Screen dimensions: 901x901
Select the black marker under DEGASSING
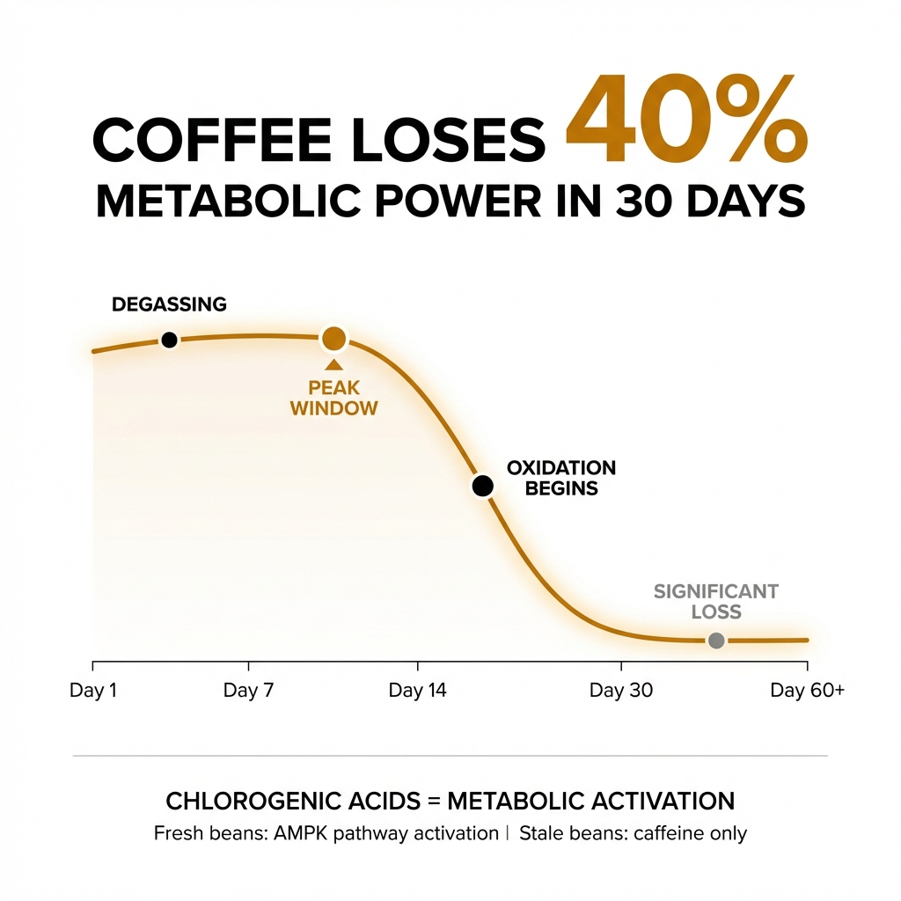pyautogui.click(x=169, y=340)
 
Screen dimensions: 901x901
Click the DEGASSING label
pyautogui.click(x=169, y=305)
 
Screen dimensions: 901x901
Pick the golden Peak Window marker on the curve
pyautogui.click(x=333, y=338)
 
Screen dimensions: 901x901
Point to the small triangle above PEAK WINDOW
pyautogui.click(x=333, y=365)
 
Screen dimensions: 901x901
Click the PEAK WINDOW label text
pyautogui.click(x=333, y=398)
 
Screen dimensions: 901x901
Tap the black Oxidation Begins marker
pyautogui.click(x=481, y=486)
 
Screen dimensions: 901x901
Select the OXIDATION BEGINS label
pyautogui.click(x=561, y=478)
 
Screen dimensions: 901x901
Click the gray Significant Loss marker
pyautogui.click(x=716, y=641)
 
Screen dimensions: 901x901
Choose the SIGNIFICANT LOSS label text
pyautogui.click(x=716, y=602)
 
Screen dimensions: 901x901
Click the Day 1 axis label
pyautogui.click(x=93, y=691)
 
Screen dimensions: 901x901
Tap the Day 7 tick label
pyautogui.click(x=248, y=691)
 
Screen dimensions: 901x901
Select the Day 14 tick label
pyautogui.click(x=418, y=691)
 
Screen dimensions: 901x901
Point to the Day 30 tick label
pyautogui.click(x=621, y=691)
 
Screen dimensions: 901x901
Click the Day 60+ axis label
pyautogui.click(x=807, y=691)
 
